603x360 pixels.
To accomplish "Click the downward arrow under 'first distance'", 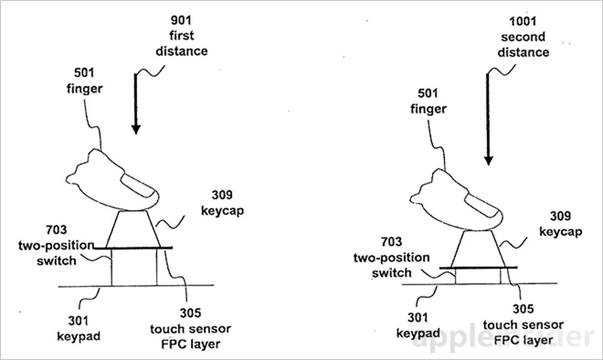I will [136, 103].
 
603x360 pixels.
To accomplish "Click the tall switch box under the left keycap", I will [134, 267].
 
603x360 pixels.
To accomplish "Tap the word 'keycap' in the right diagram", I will [561, 232].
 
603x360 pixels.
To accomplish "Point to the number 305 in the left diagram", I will [190, 313].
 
